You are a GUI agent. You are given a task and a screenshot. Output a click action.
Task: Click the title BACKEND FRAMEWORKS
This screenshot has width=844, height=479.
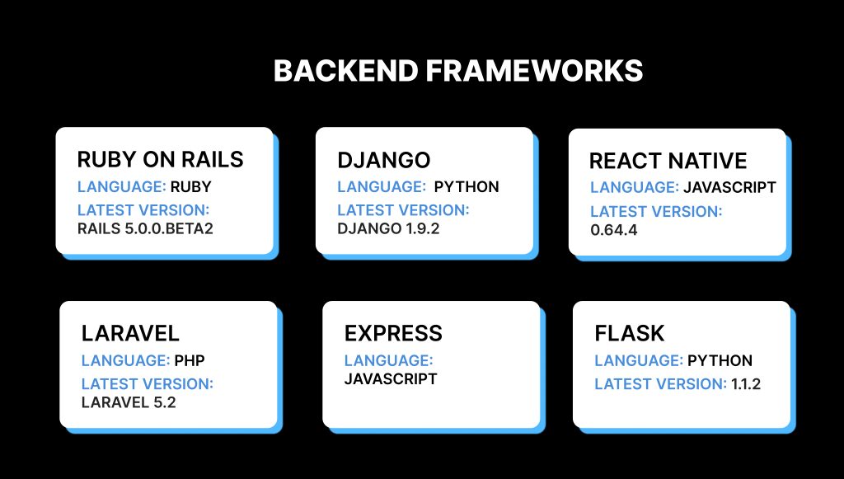coord(457,72)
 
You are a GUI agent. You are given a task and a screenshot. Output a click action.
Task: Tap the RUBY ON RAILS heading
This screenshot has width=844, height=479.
coord(160,159)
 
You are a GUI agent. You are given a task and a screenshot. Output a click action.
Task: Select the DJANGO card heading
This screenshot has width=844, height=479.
coord(384,159)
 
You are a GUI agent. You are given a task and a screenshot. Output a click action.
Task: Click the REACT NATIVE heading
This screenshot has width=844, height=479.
coord(668,161)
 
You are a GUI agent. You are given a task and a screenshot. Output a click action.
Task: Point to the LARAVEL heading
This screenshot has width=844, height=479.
coord(130,333)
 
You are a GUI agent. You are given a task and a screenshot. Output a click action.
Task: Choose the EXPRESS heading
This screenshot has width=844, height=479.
coord(393,333)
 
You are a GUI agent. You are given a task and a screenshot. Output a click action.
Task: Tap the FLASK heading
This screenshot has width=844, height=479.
coord(630,334)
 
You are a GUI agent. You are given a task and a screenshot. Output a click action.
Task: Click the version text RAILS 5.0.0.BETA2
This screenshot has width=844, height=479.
coord(145,228)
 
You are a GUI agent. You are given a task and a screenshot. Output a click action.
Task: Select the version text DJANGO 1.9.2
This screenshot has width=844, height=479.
coord(388,228)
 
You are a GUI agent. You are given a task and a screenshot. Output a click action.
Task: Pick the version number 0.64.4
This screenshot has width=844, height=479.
coord(614,230)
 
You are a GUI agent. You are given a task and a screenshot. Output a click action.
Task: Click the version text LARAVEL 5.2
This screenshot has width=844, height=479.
coord(129,402)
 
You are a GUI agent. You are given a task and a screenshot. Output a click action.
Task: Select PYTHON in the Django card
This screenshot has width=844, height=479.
coord(467,186)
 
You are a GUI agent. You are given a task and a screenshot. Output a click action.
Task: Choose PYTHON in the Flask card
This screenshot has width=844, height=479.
coord(720,360)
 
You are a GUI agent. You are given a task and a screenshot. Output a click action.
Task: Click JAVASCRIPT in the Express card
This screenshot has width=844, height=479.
coord(391,379)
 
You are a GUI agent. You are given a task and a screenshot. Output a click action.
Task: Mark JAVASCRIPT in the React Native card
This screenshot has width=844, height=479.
coord(729,187)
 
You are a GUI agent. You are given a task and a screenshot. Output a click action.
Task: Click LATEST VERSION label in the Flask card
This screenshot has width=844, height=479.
coord(659,383)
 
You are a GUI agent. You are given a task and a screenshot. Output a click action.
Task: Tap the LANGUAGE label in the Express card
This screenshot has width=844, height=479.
coord(388,360)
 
